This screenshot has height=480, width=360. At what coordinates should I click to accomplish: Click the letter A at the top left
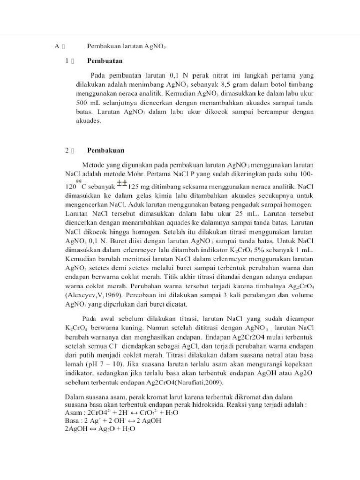tap(57, 46)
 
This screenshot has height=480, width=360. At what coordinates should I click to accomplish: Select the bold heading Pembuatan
tap(105, 61)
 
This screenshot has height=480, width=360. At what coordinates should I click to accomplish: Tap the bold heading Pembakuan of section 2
tap(106, 150)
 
